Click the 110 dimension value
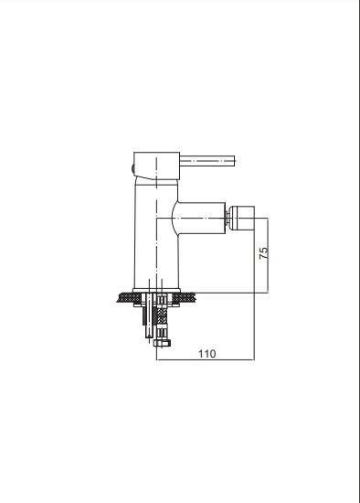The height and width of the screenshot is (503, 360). coord(207,354)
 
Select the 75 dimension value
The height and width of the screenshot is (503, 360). coord(263,253)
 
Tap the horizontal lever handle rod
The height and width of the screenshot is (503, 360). coord(207,161)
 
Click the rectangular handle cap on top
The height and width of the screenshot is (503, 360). coord(156,166)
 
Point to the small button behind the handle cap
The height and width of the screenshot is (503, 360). coord(132,167)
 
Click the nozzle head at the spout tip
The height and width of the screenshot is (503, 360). coord(242,218)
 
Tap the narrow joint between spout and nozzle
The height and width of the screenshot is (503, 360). coord(228,218)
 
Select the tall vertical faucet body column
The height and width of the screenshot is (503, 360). coord(156,233)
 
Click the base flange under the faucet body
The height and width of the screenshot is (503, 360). coord(157,290)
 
